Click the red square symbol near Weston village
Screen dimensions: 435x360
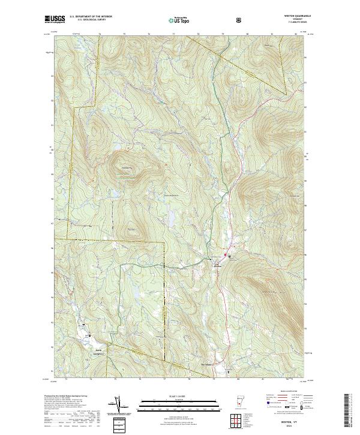(226, 257)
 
